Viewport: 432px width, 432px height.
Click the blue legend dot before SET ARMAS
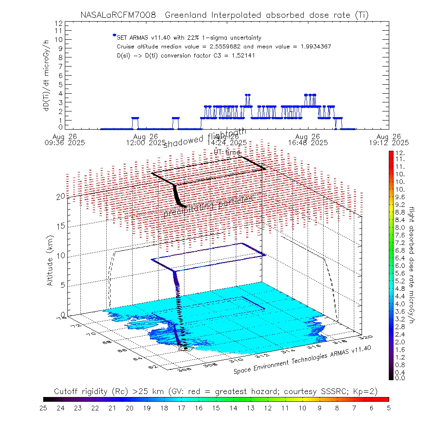(x=114, y=35)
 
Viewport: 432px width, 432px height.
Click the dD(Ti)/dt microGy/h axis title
(x=46, y=75)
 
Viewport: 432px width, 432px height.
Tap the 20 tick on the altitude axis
(x=61, y=196)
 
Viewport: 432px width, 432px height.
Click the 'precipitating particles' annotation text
(x=208, y=207)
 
